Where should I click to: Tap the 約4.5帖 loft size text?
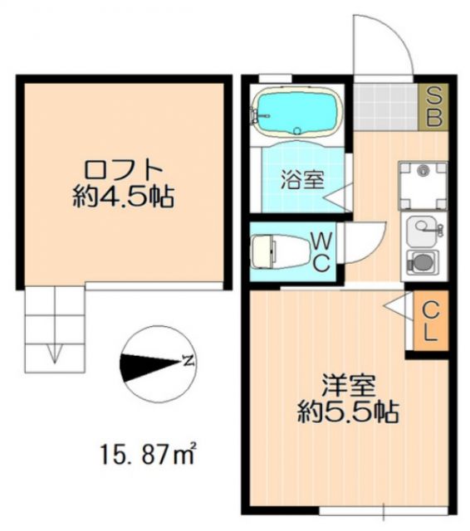pos(121,197)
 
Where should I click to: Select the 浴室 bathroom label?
pos(301,178)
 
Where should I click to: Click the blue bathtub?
pos(297,113)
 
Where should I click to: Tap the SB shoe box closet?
pos(433,106)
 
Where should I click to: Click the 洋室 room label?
pos(349,385)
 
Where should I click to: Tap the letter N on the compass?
pos(188,361)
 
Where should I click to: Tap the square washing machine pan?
pos(423,185)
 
